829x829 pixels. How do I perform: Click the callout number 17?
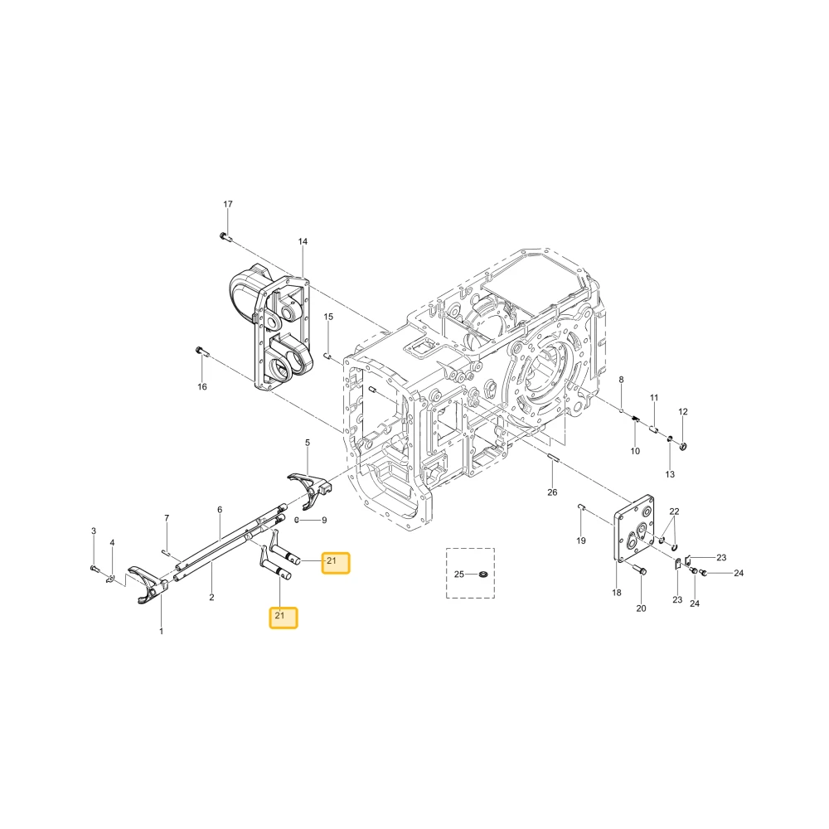pos(228,204)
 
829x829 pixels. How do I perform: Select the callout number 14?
pos(303,241)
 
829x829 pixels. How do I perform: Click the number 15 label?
pos(328,317)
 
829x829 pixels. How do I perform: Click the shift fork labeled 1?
pos(148,584)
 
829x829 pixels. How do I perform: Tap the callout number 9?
pos(324,521)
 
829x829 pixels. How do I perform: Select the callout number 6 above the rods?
pos(220,510)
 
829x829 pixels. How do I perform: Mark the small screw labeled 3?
pos(95,569)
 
